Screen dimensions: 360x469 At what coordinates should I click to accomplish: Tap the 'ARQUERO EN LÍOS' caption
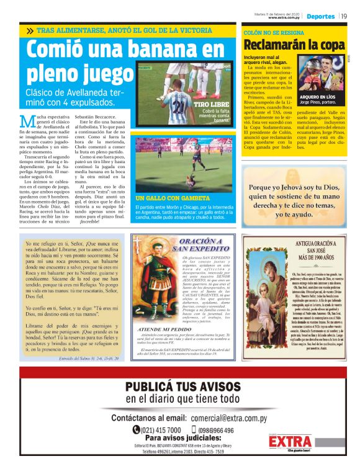pyautogui.click(x=318, y=98)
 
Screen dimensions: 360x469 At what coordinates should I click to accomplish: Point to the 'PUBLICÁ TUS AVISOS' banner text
pyautogui.click(x=179, y=388)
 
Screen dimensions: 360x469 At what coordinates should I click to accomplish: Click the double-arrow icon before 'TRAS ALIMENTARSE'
pyautogui.click(x=30, y=30)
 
